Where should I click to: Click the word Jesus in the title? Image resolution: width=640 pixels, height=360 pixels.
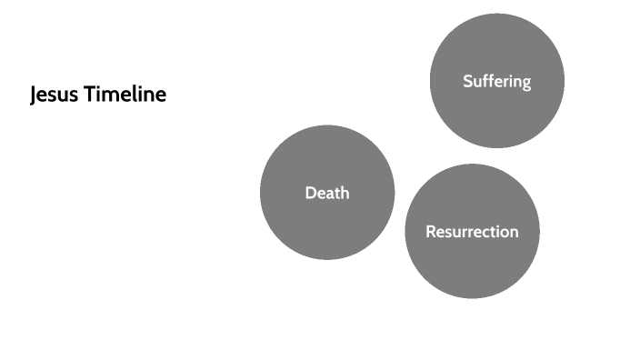click(x=54, y=95)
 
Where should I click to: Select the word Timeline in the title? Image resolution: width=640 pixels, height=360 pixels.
click(x=125, y=95)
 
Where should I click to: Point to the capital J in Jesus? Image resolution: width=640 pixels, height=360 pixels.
click(x=34, y=95)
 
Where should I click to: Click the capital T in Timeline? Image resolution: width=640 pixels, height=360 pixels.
click(x=90, y=95)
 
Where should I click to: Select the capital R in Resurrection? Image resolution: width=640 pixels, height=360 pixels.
click(x=431, y=232)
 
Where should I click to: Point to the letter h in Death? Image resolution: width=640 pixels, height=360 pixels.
click(x=344, y=193)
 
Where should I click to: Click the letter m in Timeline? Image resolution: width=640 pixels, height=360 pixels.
click(x=115, y=95)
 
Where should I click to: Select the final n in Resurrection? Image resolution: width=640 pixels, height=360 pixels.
click(x=514, y=233)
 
